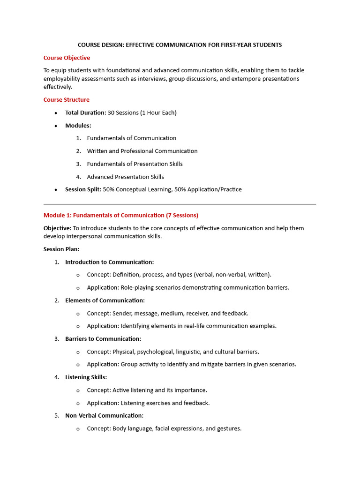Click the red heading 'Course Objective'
click(67, 58)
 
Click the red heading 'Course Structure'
click(66, 99)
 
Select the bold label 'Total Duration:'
click(85, 112)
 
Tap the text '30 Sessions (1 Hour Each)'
click(142, 112)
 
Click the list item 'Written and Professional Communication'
click(142, 151)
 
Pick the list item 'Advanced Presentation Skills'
click(125, 177)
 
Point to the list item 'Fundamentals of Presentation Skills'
click(135, 164)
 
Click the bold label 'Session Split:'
click(83, 189)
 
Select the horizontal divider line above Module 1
click(180, 204)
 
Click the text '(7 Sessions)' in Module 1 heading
click(182, 215)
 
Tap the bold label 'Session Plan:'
click(61, 249)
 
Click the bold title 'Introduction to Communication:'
click(109, 262)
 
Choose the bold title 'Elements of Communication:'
click(105, 300)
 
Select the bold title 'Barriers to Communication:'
click(103, 338)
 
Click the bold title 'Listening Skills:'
click(86, 377)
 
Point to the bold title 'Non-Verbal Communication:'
click(104, 415)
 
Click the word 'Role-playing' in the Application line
click(137, 287)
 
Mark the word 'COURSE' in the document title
click(90, 45)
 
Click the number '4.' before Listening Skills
click(57, 377)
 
